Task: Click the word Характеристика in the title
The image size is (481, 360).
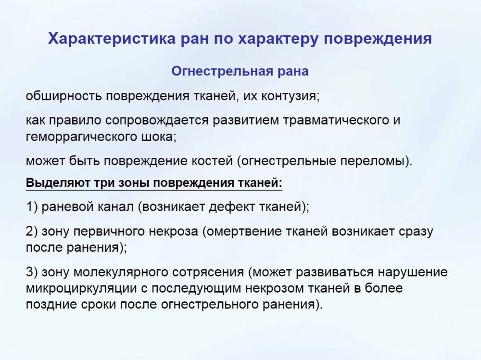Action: pos(112,39)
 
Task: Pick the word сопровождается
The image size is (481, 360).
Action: pos(157,120)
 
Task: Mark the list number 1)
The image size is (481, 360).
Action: pos(32,206)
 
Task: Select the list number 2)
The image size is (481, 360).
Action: pos(32,231)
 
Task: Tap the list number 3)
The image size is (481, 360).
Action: pos(32,272)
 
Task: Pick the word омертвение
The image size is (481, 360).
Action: pos(243,231)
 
